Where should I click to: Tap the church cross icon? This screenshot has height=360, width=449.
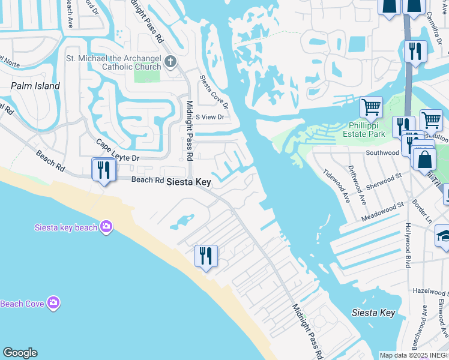coord(170,61)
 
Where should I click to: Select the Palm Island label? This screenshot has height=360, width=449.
coord(35,86)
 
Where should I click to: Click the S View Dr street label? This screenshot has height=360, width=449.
coord(209,117)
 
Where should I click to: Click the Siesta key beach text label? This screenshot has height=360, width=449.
coord(66,227)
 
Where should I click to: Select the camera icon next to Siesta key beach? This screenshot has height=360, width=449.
coord(106,226)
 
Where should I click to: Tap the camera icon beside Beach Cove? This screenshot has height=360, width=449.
coord(53,303)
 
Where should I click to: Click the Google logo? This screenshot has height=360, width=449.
coord(20,353)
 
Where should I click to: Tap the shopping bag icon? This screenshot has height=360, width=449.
coord(424,160)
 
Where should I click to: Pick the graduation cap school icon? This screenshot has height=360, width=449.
coord(445,236)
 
